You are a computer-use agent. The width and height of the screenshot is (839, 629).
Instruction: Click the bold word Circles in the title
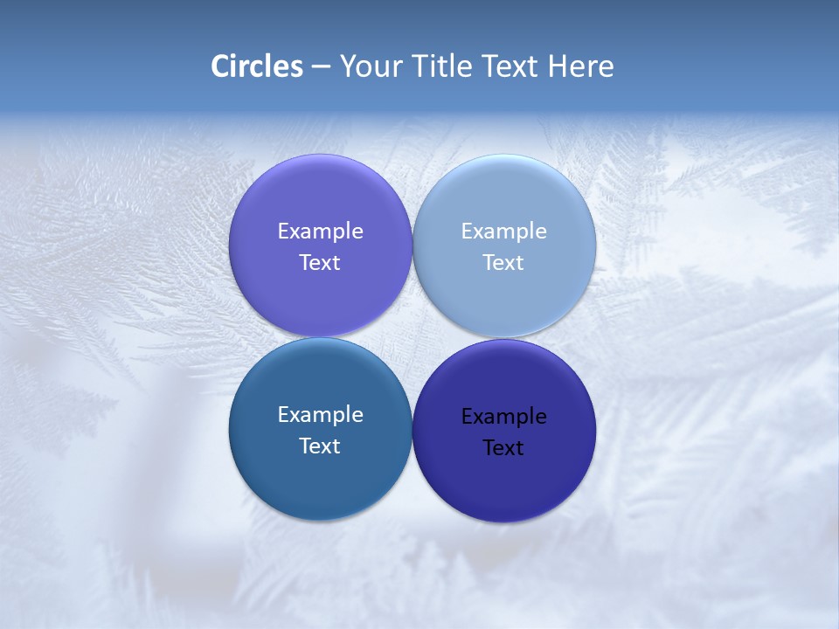257,66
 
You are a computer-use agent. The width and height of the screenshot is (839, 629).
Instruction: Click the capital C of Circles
220,66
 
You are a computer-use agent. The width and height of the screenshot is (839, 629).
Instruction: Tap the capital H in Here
557,66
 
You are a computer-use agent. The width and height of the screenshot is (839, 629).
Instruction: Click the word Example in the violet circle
320,232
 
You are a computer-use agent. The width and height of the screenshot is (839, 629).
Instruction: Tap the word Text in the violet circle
320,263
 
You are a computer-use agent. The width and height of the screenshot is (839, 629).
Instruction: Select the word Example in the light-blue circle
503,232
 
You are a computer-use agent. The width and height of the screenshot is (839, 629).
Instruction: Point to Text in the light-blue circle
503,263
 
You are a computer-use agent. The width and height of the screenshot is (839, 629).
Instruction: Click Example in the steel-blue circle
320,415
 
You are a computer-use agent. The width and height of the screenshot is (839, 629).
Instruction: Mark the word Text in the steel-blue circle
320,446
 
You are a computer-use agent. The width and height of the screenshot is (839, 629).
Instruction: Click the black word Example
503,417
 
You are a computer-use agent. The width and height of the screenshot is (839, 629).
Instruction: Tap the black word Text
503,448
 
